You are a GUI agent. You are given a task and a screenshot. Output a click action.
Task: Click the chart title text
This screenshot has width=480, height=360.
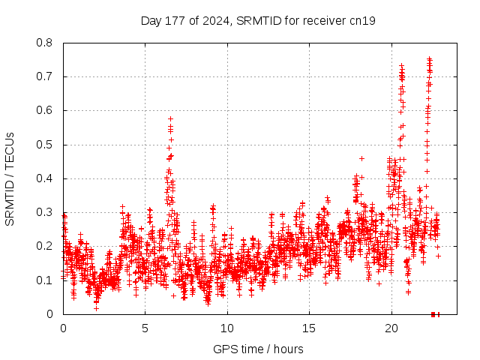pos(258,20)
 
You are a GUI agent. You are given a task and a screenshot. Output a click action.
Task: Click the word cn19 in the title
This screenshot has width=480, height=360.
pos(362,20)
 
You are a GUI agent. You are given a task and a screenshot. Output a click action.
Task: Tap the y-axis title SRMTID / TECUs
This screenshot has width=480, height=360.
pos(10,178)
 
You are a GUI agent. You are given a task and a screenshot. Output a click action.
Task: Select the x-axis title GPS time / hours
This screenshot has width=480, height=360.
pos(258,349)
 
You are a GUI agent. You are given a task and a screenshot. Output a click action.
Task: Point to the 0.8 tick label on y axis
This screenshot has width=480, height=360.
pos(46,43)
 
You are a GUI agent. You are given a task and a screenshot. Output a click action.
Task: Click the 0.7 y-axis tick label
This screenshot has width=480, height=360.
pos(46,76)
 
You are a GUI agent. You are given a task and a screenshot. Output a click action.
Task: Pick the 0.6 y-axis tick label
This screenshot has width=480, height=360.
pos(46,110)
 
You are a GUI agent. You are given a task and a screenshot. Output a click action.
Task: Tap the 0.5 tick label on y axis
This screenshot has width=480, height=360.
pos(46,145)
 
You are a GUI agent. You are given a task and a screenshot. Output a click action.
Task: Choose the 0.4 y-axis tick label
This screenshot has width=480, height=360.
pos(46,178)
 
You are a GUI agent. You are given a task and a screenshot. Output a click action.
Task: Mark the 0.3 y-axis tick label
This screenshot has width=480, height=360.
pos(46,212)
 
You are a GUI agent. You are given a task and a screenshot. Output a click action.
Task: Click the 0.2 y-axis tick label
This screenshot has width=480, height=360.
pos(46,246)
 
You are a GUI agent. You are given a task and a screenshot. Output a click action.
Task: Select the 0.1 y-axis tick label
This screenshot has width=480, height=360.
pos(46,280)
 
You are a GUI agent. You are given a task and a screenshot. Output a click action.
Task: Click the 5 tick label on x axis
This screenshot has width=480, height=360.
pos(145,328)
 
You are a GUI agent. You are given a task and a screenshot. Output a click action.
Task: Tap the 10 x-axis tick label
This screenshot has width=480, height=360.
pos(227,328)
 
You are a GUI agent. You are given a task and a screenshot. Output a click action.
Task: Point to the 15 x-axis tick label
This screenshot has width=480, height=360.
pos(309,328)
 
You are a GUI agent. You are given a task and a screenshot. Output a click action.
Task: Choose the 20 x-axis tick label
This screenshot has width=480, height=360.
pos(391,328)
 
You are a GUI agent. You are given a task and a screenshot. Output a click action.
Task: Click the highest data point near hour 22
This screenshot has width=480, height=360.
pos(429,58)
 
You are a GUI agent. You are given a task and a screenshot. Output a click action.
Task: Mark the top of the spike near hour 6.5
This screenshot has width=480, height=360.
pos(170,118)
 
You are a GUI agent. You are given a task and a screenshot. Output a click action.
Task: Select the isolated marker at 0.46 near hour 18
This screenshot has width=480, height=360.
pos(361,158)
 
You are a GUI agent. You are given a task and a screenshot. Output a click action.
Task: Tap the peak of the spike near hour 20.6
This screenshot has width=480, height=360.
pos(401,66)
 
